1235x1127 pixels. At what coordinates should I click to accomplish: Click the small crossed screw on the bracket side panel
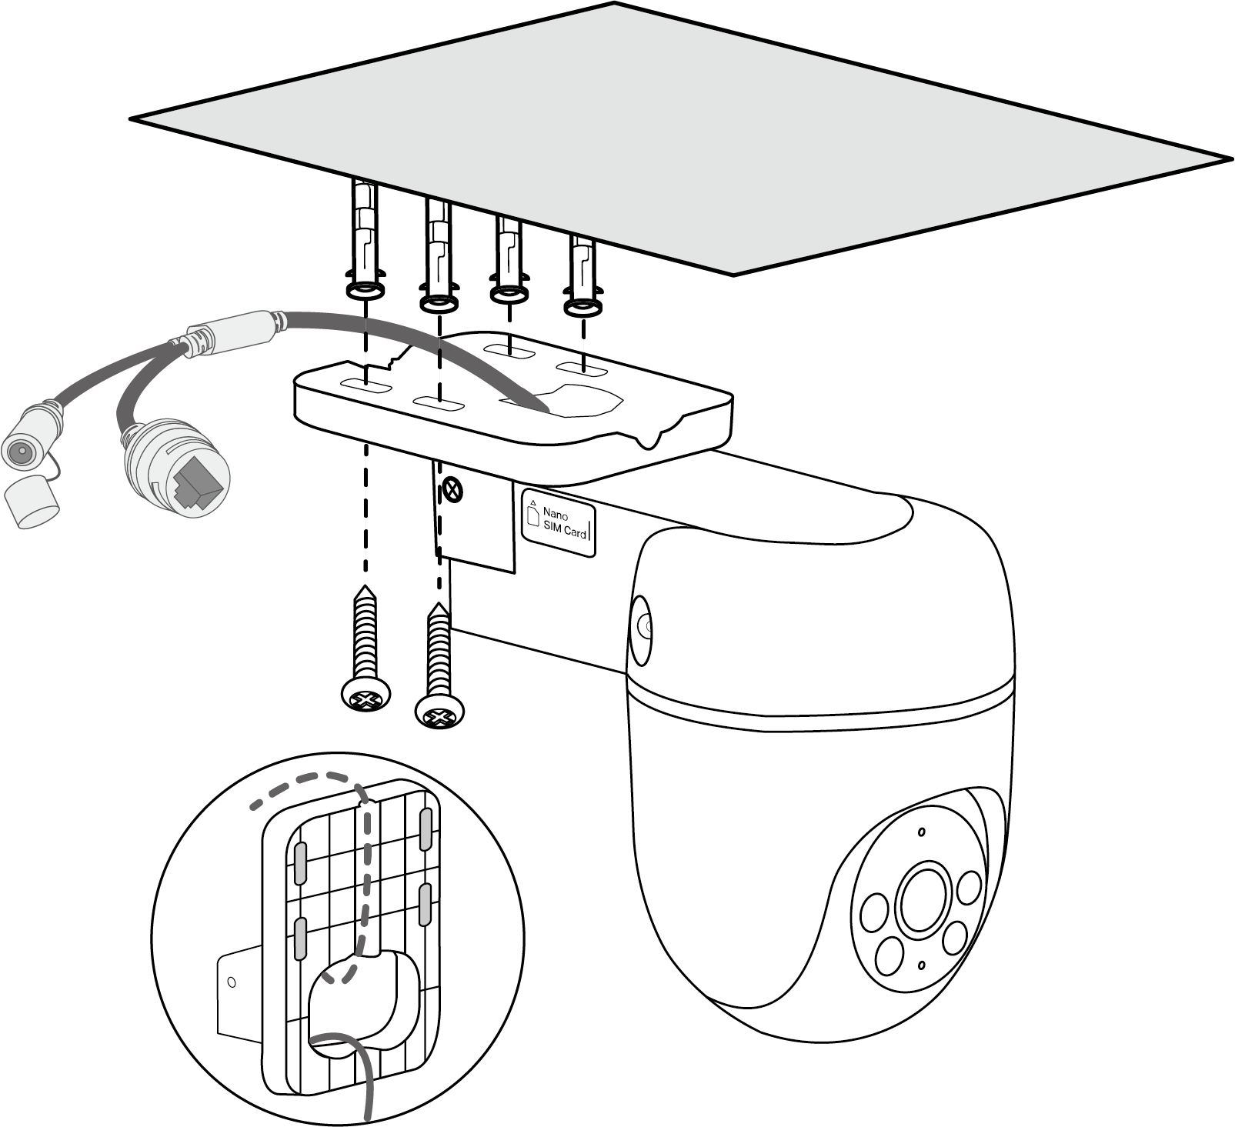[x=455, y=488]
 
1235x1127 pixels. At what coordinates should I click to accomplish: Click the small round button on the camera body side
[x=642, y=620]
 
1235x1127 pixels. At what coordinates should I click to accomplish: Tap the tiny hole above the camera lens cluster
[x=920, y=832]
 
